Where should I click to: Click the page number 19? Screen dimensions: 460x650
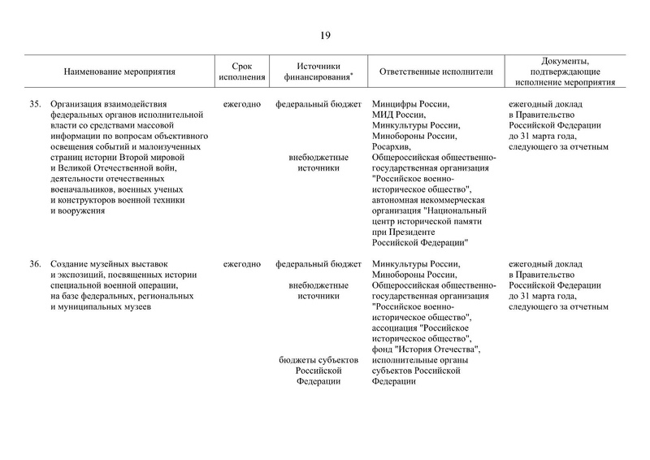click(x=325, y=35)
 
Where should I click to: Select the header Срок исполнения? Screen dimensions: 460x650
click(x=241, y=72)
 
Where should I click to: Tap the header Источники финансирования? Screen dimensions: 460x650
click(x=318, y=72)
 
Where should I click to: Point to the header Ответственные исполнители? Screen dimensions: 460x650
click(x=435, y=72)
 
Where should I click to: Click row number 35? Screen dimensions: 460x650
click(x=35, y=105)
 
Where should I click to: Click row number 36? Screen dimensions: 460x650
click(x=35, y=264)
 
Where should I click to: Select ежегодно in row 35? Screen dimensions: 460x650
click(x=241, y=105)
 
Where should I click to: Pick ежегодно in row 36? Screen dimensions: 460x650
click(x=241, y=264)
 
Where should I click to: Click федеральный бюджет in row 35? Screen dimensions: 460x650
click(x=318, y=105)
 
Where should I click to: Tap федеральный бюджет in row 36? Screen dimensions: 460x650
click(x=318, y=264)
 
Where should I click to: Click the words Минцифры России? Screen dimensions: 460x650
click(x=410, y=105)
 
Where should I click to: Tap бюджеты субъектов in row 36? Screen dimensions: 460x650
click(x=318, y=360)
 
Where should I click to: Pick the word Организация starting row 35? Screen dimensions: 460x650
click(x=81, y=105)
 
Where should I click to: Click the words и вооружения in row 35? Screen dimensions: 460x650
click(x=78, y=210)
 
